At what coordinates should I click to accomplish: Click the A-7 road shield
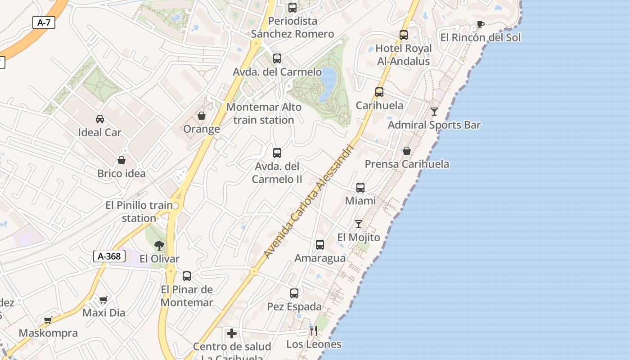44,22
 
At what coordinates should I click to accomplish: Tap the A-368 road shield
109,256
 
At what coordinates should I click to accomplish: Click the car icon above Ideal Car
100,119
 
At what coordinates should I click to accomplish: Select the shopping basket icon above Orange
202,116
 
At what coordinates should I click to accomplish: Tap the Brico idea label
121,173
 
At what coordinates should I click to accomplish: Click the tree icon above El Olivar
159,246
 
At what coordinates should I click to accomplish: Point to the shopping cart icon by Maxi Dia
103,300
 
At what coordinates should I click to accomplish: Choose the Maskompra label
48,333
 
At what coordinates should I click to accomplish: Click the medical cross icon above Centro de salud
232,333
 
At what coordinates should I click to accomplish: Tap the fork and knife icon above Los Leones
314,331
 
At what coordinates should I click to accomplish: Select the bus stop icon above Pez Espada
294,293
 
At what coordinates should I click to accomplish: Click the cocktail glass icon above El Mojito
359,224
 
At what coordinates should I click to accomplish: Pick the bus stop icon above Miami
360,187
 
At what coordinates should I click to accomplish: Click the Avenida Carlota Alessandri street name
309,202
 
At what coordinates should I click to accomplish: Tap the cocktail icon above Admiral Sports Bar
434,112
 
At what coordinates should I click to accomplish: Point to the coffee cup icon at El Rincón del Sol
480,24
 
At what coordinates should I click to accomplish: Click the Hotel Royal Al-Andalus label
403,54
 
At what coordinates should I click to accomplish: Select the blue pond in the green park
328,84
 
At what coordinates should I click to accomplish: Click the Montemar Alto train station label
264,113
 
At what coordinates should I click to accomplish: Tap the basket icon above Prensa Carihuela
407,151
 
